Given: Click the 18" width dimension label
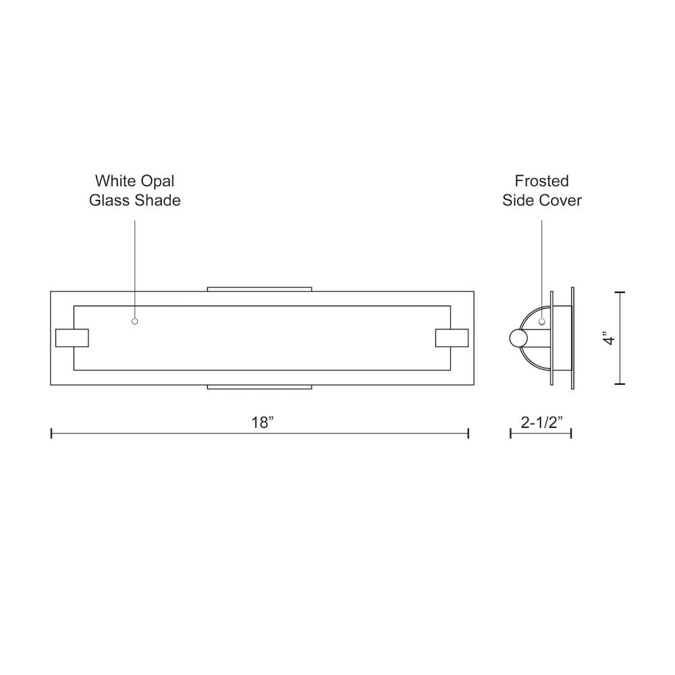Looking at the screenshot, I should click(262, 423).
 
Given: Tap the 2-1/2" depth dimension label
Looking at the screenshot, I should click(541, 423).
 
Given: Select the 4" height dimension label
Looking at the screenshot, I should click(610, 338).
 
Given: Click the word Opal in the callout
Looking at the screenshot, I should click(157, 181).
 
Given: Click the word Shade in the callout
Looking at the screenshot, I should click(158, 200).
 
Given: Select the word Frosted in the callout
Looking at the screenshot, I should click(541, 181).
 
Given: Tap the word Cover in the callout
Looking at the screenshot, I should click(560, 200).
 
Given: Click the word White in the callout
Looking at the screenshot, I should click(115, 181).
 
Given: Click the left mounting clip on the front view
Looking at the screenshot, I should click(72, 337).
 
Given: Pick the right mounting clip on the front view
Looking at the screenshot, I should click(452, 337).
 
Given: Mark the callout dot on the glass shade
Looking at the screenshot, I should click(135, 321).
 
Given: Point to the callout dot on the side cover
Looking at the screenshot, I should click(541, 322).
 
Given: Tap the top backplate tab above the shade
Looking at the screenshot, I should click(260, 289).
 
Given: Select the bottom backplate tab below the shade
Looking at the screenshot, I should click(260, 387).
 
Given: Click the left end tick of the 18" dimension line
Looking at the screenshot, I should click(51, 433).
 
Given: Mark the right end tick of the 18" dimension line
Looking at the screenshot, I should click(468, 433).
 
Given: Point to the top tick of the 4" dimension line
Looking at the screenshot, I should click(620, 292).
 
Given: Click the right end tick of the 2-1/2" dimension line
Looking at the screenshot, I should click(571, 433).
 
